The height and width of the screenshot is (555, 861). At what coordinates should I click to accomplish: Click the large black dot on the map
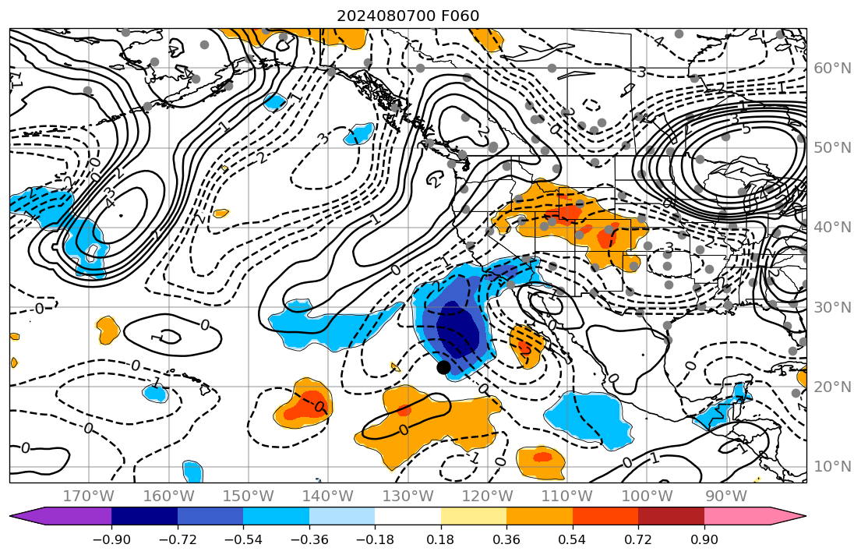point(443,367)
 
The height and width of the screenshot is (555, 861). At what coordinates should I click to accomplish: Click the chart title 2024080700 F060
point(408,16)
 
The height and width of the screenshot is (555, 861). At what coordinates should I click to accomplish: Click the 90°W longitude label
point(725,496)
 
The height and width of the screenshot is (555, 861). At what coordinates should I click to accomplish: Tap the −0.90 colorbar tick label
point(111,540)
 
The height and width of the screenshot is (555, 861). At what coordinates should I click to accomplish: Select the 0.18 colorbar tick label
point(441,540)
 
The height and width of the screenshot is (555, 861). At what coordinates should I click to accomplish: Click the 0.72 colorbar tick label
point(638,540)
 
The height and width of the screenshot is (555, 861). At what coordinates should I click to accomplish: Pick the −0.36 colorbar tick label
point(309,540)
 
